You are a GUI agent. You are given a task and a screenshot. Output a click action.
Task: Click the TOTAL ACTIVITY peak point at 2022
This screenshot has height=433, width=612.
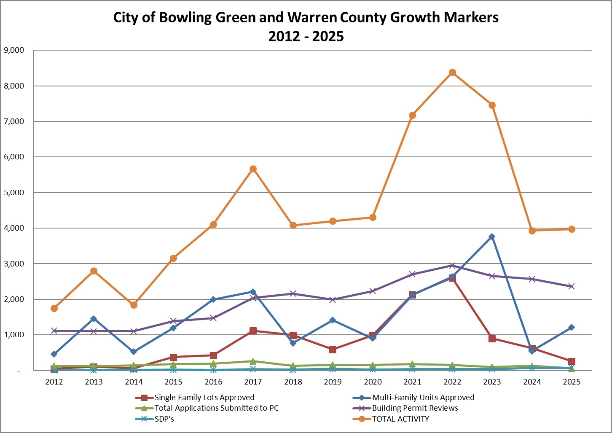(x=452, y=73)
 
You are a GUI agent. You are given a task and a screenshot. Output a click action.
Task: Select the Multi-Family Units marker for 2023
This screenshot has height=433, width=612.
(x=492, y=237)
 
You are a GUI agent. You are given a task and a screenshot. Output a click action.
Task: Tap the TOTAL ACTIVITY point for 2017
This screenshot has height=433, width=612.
(x=253, y=169)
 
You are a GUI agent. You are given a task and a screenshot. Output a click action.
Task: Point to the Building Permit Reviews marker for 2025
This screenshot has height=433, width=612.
(x=572, y=286)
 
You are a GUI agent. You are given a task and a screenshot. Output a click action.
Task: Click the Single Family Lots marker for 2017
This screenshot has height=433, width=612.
(x=253, y=331)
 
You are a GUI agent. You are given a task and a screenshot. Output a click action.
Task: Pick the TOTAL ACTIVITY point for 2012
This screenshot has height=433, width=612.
(x=54, y=308)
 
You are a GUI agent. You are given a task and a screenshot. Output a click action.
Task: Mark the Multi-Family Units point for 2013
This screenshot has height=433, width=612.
(x=94, y=319)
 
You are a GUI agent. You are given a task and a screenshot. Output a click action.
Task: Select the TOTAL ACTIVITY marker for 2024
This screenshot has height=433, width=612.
(x=532, y=231)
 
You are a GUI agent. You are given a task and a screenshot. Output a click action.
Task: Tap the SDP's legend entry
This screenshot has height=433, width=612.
(x=164, y=419)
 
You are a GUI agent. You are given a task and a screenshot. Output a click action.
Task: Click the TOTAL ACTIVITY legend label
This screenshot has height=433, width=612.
(x=400, y=419)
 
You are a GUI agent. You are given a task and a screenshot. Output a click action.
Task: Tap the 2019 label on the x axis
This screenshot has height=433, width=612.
(x=333, y=382)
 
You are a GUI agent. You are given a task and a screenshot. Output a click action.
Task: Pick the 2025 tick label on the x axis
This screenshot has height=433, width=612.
(x=572, y=382)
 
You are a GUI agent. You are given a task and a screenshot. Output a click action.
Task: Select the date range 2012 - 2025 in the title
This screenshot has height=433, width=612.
(x=306, y=36)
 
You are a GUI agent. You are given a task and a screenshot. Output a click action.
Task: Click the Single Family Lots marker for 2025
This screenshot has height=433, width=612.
(x=572, y=361)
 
